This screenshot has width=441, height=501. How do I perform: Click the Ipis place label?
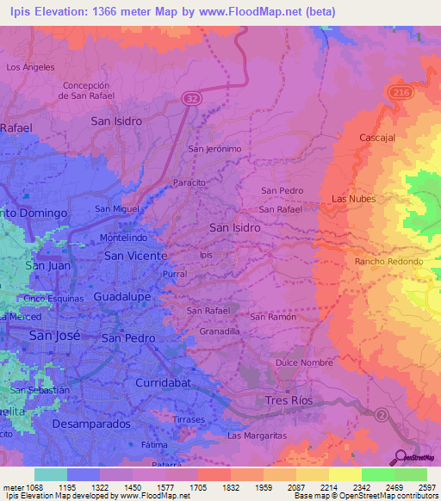pos(205,255)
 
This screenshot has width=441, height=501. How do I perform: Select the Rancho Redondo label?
pos(388,261)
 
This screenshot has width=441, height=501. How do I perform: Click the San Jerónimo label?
pos(215,148)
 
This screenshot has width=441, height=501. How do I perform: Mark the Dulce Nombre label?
pos(304,363)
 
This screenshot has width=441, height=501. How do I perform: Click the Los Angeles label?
pos(30,66)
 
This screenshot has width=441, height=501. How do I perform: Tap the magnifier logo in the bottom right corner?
pos(401,456)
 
